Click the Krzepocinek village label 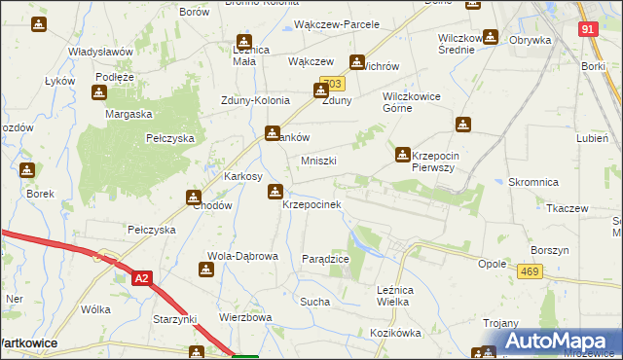pos(311,205)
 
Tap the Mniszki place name pos(318,161)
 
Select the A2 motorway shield pos(142,278)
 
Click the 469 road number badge pos(530,272)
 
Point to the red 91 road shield pos(588,30)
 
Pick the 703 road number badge pos(332,85)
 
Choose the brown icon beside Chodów pos(194,198)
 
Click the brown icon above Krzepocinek pos(275,191)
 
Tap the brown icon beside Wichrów pos(357,60)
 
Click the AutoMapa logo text pos(566,341)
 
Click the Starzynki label pos(175,319)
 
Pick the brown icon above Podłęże pos(99,92)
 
